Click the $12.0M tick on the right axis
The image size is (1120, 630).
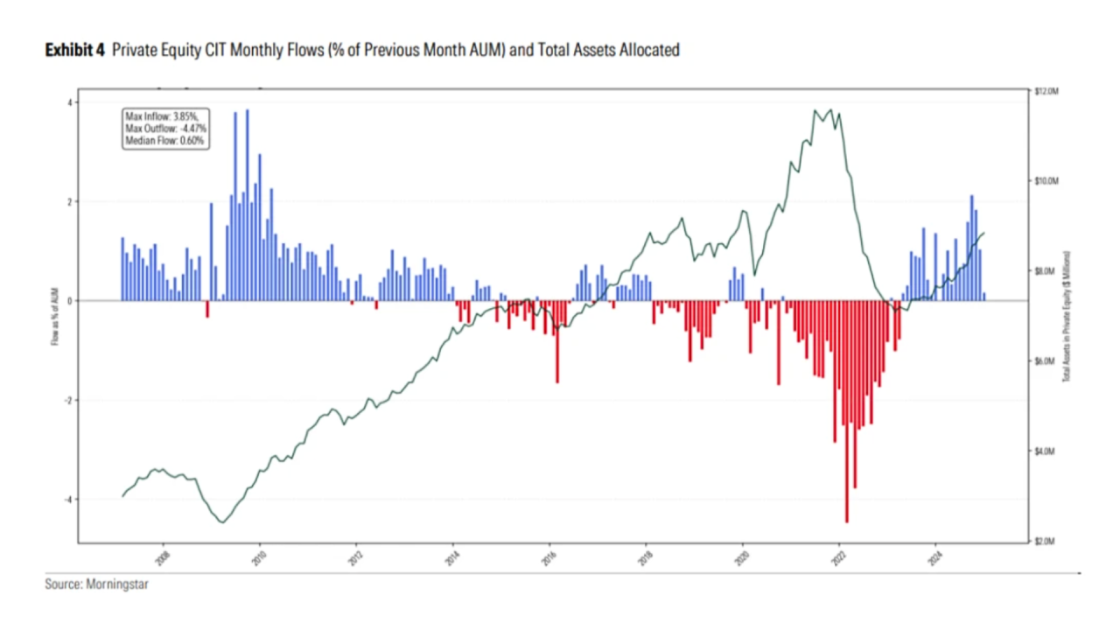[x=1047, y=91]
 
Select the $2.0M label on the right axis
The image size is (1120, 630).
[x=1046, y=542]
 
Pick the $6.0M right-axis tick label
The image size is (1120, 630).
[x=1046, y=361]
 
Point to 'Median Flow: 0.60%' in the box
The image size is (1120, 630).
[x=164, y=140]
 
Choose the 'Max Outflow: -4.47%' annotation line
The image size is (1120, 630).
[x=165, y=128]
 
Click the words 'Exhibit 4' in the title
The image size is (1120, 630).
[x=75, y=51]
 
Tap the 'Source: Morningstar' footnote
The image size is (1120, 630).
[x=96, y=584]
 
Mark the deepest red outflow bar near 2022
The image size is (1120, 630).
[x=847, y=411]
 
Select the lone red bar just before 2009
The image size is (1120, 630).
[x=207, y=309]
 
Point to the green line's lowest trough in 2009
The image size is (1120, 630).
[x=222, y=522]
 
